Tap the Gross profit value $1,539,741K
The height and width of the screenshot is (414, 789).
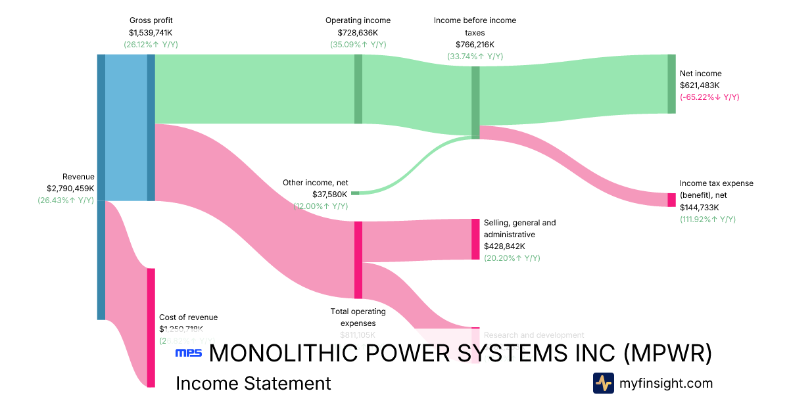tap(151, 32)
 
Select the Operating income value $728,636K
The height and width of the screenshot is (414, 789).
tap(358, 32)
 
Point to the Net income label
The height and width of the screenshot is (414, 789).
tap(700, 74)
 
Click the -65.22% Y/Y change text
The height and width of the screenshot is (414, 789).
tap(709, 97)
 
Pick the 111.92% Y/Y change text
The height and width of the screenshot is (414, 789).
tap(707, 219)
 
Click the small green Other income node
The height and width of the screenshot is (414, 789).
tap(355, 193)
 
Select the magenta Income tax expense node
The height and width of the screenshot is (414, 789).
tap(671, 200)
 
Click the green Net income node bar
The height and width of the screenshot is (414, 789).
tap(671, 84)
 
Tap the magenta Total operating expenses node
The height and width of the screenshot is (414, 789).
tap(358, 260)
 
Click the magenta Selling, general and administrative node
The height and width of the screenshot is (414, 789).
tap(475, 239)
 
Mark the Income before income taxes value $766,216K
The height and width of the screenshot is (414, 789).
tap(475, 44)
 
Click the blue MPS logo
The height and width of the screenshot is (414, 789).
tap(188, 354)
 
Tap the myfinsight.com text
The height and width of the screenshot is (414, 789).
tap(666, 383)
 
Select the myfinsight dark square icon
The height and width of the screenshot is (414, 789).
tap(603, 383)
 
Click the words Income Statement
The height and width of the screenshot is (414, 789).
tap(253, 383)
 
